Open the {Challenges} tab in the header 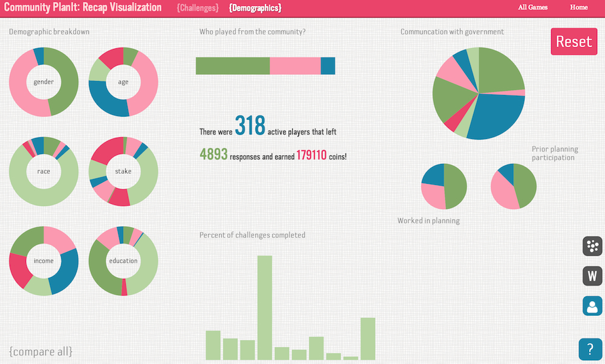click(197, 8)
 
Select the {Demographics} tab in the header click(255, 8)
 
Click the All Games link click(532, 8)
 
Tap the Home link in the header click(578, 8)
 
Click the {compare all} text click(41, 351)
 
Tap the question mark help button click(590, 349)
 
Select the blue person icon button click(592, 305)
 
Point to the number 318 click(250, 126)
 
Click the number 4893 click(214, 155)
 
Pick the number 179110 click(312, 155)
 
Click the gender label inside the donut click(44, 82)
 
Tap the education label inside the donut click(123, 261)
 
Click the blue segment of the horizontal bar click(328, 66)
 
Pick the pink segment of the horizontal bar click(295, 66)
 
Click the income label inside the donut click(44, 261)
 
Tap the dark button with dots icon click(592, 247)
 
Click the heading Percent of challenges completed click(252, 235)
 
